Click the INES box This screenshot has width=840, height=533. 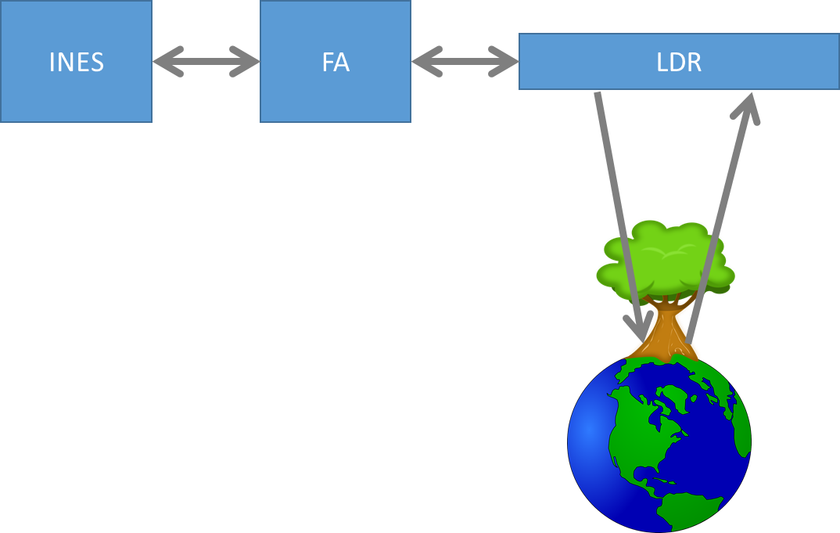tap(76, 94)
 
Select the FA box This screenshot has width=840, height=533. tap(335, 94)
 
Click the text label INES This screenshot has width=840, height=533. tap(76, 62)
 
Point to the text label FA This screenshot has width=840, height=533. tap(335, 62)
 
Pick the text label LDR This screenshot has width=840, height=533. tap(679, 62)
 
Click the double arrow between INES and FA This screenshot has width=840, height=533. tap(206, 61)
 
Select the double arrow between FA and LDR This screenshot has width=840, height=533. tap(465, 61)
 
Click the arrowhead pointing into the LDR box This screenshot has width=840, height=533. tap(748, 106)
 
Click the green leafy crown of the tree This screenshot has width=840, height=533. tap(665, 258)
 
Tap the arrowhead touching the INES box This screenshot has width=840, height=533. tap(165, 61)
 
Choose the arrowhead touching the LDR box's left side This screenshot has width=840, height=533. tap(507, 61)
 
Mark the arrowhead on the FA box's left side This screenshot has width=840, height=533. tap(247, 61)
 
